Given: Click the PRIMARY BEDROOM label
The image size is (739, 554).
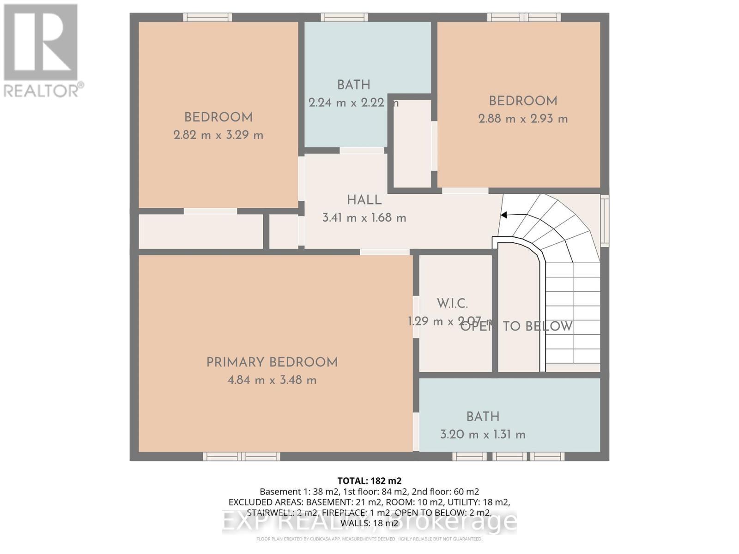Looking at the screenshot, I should (272, 362).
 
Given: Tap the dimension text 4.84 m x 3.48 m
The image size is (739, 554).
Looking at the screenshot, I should (272, 380).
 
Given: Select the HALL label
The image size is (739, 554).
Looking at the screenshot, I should (364, 200).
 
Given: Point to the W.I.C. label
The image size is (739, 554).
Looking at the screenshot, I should (452, 304).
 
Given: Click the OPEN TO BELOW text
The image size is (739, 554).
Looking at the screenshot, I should (516, 326).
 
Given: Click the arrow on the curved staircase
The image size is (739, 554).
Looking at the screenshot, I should (504, 215).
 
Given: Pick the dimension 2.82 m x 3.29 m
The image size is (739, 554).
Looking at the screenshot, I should (218, 135).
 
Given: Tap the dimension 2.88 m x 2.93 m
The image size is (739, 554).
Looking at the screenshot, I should (523, 119).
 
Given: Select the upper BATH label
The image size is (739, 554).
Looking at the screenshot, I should (353, 85).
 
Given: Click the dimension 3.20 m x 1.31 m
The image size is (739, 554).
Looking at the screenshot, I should (483, 434).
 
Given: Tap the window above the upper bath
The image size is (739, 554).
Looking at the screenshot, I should (345, 18).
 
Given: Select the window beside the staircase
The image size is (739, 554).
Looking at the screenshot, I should (604, 221).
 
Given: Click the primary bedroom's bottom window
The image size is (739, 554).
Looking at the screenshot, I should (241, 457).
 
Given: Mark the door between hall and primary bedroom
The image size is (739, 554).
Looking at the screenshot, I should (384, 252).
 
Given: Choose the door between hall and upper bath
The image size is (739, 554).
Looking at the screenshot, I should (362, 151).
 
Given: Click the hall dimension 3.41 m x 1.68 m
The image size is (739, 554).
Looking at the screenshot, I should (364, 218).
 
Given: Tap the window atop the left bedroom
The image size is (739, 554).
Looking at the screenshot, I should (207, 18).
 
